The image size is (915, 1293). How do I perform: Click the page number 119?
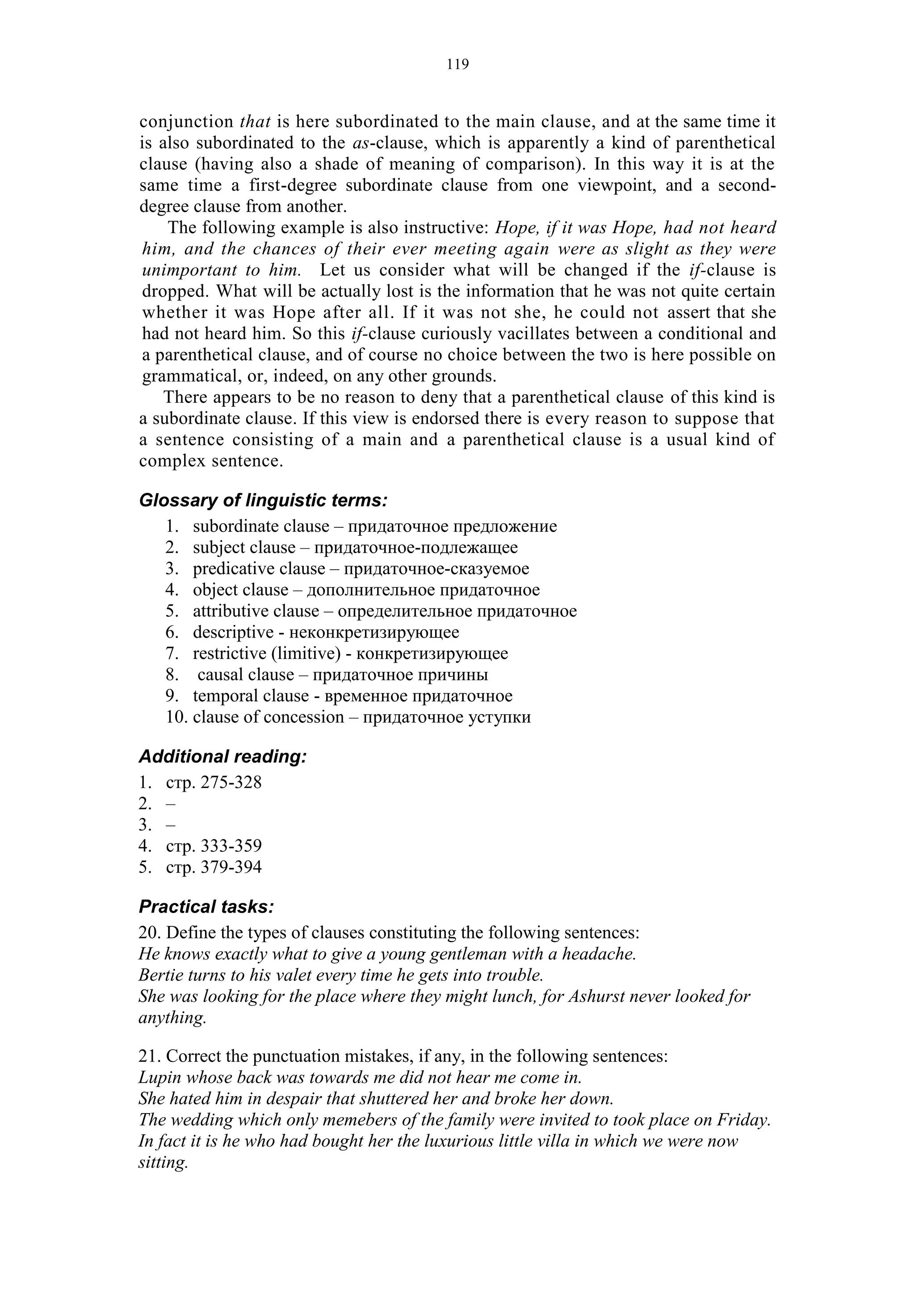click(457, 65)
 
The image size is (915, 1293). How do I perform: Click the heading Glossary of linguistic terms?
click(263, 500)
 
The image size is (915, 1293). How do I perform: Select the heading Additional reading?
click(222, 756)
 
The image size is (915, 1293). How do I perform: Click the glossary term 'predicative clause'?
click(259, 569)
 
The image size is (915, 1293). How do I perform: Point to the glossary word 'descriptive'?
click(233, 632)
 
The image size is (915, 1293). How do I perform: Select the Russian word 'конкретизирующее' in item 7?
click(432, 653)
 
